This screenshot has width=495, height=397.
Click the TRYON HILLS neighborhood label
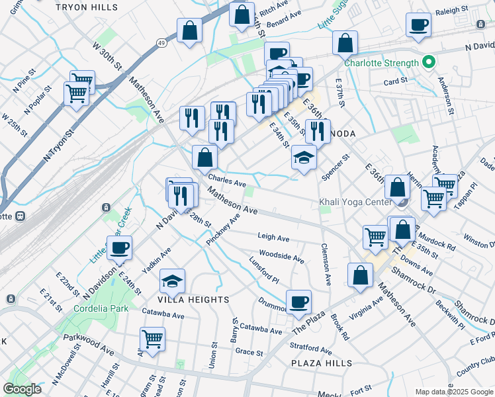[97, 7]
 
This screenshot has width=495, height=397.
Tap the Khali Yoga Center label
[355, 202]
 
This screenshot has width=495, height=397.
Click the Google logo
[22, 389]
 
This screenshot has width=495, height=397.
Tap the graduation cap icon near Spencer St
[304, 157]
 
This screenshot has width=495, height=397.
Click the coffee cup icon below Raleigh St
[418, 25]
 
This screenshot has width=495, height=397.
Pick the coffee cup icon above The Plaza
[298, 302]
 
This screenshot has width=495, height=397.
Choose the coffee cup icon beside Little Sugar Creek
[120, 248]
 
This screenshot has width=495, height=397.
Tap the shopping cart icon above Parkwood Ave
[152, 339]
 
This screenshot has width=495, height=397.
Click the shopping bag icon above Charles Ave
[204, 157]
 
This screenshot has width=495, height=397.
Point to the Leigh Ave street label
[273, 238]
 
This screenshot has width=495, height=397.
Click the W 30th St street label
[108, 57]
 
